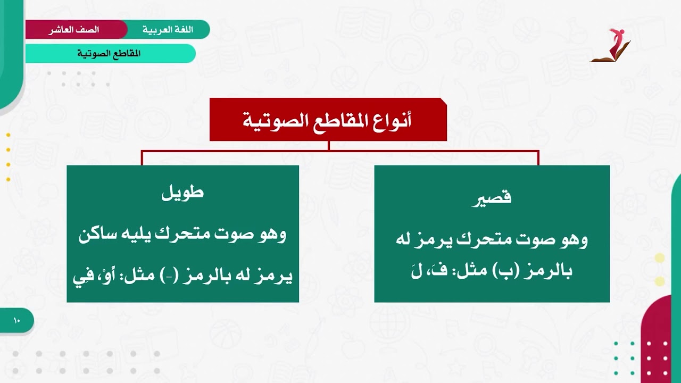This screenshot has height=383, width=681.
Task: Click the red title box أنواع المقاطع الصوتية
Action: pos(328,120)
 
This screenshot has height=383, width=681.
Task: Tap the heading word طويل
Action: pos(182,193)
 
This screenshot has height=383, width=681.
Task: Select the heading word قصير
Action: pos(492,197)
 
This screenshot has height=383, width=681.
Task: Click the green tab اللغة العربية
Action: pos(168,30)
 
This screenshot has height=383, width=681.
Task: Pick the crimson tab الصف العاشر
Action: pos(74,30)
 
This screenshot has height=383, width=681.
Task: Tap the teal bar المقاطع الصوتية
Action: pos(110,54)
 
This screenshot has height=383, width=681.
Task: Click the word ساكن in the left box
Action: pos(98,235)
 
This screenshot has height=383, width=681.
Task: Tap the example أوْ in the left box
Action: pos(104,277)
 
